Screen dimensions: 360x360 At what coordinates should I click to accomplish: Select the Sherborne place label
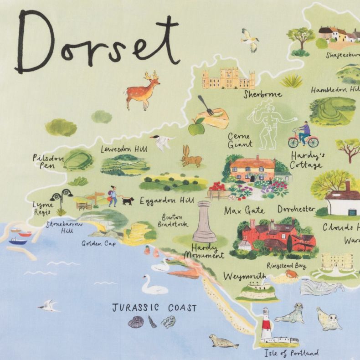click(x=262, y=95)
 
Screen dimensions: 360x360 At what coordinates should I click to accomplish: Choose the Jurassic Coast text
click(x=154, y=308)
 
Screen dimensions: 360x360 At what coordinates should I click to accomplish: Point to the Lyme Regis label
click(x=43, y=207)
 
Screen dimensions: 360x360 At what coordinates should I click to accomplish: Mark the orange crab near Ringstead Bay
click(x=290, y=274)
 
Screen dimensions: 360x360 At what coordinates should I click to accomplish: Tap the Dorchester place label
click(x=296, y=209)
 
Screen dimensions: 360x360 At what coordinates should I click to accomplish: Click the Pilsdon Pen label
click(x=47, y=161)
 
